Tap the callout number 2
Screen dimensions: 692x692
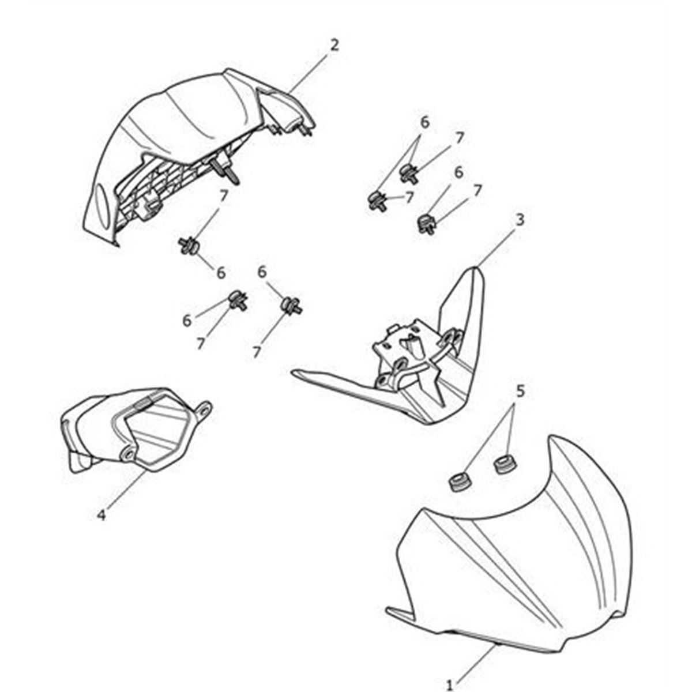334,46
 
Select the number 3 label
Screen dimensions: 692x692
520,220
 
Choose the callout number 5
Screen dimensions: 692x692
520,391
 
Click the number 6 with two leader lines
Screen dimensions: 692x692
424,123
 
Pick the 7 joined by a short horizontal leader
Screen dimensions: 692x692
409,197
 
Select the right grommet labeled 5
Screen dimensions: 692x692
505,465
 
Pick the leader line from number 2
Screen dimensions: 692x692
309,72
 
